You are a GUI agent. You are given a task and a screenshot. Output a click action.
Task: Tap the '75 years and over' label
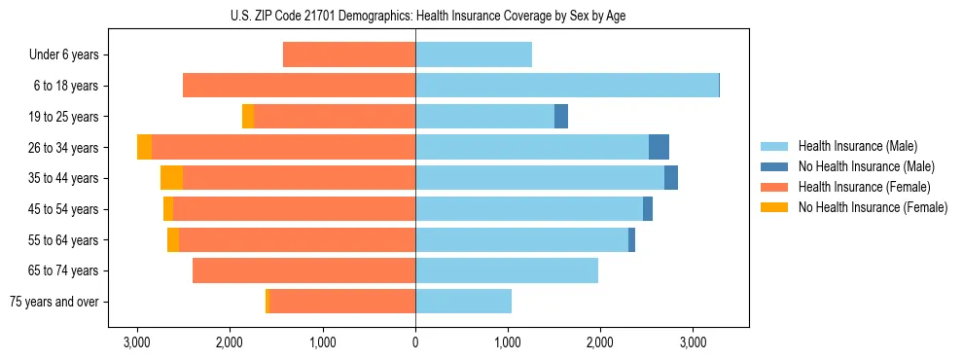click(x=54, y=302)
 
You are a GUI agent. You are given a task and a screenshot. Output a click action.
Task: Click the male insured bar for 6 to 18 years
click(x=566, y=86)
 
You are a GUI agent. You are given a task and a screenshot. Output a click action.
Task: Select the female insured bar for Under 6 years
click(x=349, y=55)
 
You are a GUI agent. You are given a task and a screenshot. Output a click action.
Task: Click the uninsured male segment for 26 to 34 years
click(x=659, y=147)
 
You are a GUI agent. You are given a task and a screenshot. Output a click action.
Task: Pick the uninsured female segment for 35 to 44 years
click(x=171, y=178)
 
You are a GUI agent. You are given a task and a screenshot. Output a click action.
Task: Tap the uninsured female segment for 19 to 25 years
click(x=248, y=117)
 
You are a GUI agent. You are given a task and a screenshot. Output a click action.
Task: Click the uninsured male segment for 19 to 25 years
click(x=561, y=117)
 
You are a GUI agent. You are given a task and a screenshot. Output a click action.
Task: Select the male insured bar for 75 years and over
click(x=463, y=302)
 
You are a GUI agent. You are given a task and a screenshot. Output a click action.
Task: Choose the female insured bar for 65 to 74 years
click(x=303, y=270)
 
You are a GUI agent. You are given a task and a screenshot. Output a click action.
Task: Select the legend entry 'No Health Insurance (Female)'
click(x=873, y=207)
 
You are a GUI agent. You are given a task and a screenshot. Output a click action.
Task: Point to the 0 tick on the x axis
click(x=415, y=342)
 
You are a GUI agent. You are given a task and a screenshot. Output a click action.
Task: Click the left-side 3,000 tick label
click(x=137, y=342)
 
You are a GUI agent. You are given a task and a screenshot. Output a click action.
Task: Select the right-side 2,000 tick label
click(x=600, y=342)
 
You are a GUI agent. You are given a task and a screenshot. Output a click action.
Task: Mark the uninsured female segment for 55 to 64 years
click(x=173, y=240)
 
